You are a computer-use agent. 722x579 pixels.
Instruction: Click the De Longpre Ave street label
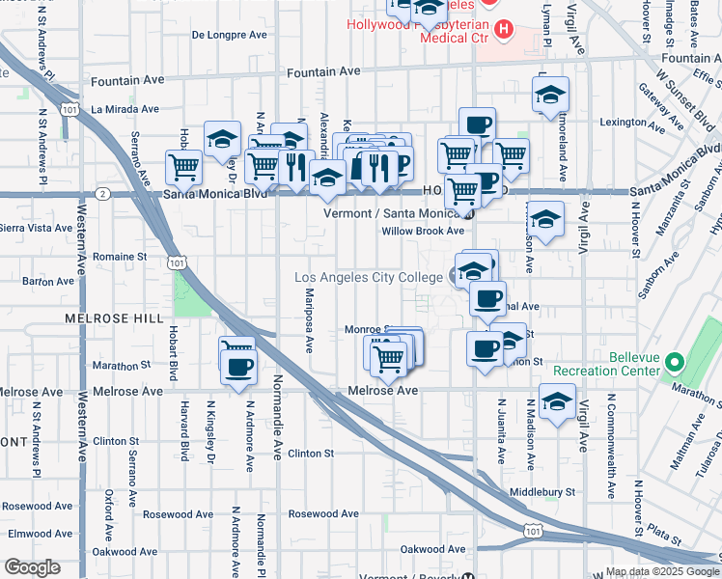point(229,35)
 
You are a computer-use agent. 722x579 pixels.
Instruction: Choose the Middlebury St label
point(541,491)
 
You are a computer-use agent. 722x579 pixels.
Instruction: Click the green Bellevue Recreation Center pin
point(675,364)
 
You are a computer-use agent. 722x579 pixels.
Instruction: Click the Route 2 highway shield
point(102,193)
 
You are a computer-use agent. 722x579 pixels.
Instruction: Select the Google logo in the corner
point(32,567)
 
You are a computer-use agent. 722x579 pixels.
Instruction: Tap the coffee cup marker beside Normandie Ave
point(238,365)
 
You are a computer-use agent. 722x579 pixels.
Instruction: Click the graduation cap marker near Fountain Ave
point(551,94)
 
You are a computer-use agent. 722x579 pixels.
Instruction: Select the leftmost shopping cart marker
point(183,166)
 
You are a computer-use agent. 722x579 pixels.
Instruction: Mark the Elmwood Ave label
point(38,533)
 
